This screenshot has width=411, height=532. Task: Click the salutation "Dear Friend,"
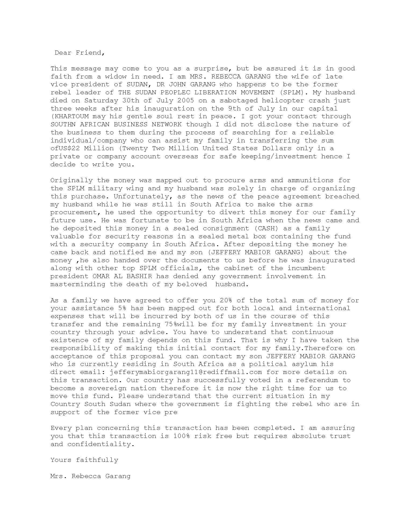coord(80,53)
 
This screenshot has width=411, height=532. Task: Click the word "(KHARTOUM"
coord(69,116)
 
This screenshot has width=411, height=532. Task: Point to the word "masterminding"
coord(78,284)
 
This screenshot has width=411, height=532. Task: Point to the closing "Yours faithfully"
coord(84,460)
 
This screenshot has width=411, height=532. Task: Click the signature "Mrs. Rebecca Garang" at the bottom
coord(90,476)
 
